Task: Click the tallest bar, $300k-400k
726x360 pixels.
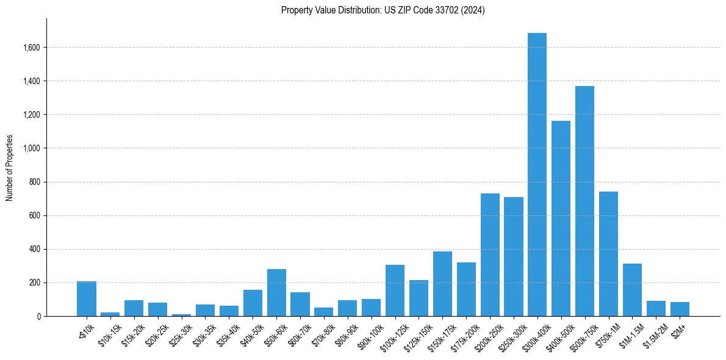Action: [537, 175]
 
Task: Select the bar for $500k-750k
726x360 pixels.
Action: [584, 201]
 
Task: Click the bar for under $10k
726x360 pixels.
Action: [87, 299]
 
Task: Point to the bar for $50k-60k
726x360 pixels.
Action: [276, 293]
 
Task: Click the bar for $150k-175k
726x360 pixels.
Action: [442, 284]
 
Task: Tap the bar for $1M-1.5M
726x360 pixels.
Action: [632, 290]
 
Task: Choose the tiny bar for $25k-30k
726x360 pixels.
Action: [181, 315]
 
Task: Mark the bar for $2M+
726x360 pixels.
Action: [680, 309]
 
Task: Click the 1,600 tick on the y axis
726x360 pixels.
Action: [32, 48]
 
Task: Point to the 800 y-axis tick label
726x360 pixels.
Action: [34, 182]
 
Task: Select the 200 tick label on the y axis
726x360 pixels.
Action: [34, 283]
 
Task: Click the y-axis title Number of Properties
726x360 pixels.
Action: [10, 168]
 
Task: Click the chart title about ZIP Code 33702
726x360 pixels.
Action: [383, 10]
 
